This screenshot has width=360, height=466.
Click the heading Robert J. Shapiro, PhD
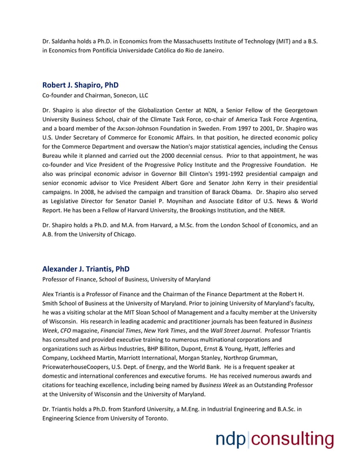(x=80, y=85)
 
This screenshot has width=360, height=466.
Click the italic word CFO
(x=67, y=331)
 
